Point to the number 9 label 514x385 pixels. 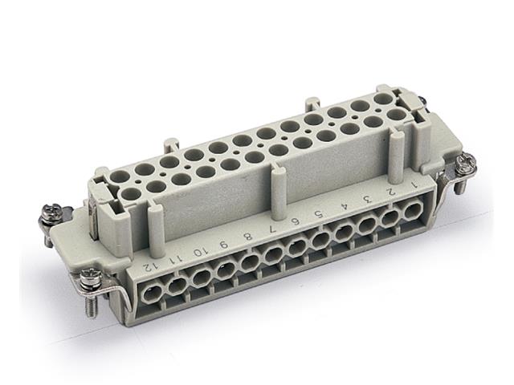click(x=224, y=243)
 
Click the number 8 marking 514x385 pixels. click(x=248, y=236)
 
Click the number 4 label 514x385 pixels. click(x=344, y=206)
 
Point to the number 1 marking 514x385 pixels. click(x=414, y=184)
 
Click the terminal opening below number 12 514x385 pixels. click(x=149, y=293)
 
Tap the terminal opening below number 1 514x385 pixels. click(x=413, y=212)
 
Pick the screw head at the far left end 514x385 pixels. click(x=51, y=213)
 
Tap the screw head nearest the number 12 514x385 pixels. click(x=89, y=277)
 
